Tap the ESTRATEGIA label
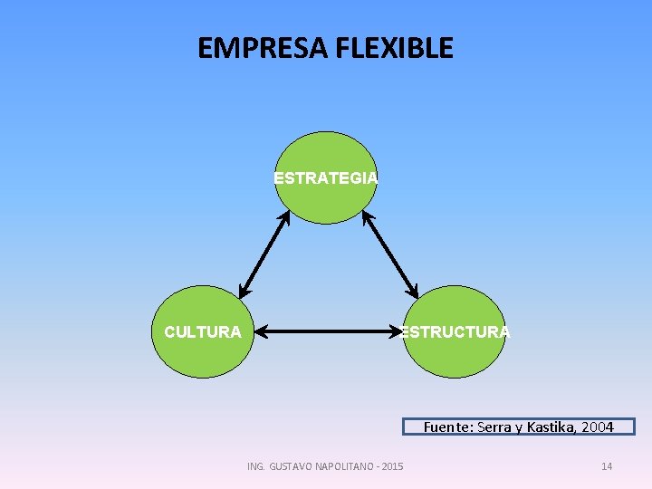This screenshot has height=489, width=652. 326,178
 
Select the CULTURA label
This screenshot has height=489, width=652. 203,332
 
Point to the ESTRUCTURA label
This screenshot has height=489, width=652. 455,332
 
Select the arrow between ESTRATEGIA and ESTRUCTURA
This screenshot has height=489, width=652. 390,254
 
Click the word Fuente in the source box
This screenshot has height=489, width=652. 446,427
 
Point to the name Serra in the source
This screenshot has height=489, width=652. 491,427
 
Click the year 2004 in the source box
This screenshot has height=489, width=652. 599,427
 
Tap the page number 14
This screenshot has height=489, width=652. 607,466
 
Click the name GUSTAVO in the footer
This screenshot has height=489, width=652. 287,466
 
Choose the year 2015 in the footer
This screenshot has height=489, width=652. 393,466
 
